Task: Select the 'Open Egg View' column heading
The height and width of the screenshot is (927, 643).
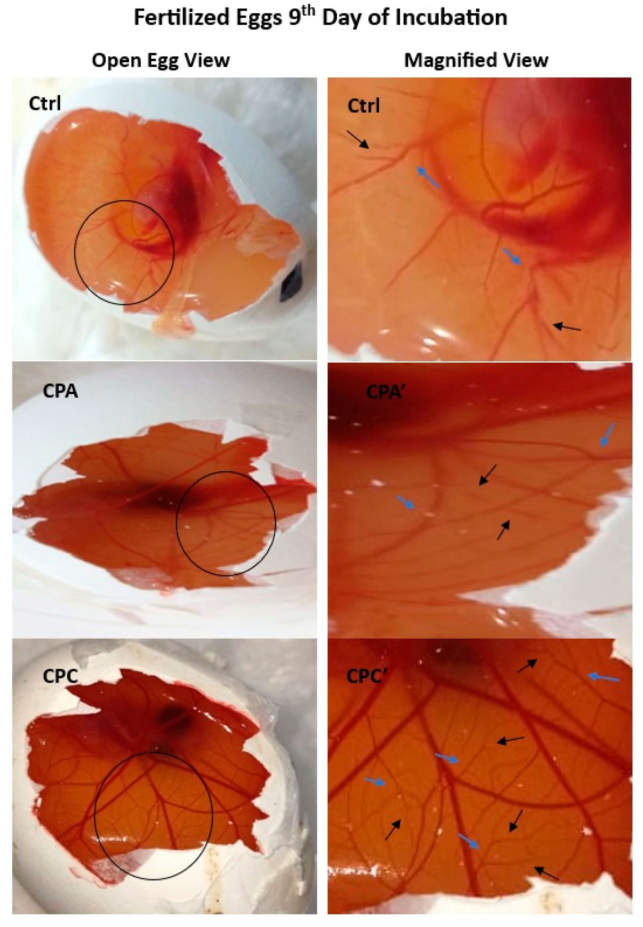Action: pyautogui.click(x=161, y=60)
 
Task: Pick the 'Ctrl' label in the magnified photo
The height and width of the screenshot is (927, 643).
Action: pyautogui.click(x=363, y=106)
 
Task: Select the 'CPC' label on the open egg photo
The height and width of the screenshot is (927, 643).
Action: pyautogui.click(x=60, y=676)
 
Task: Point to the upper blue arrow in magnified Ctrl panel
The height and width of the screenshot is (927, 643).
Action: pyautogui.click(x=428, y=178)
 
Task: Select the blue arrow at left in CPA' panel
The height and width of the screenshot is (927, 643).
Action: pyautogui.click(x=405, y=502)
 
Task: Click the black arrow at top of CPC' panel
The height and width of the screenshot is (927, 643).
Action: pyautogui.click(x=527, y=666)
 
